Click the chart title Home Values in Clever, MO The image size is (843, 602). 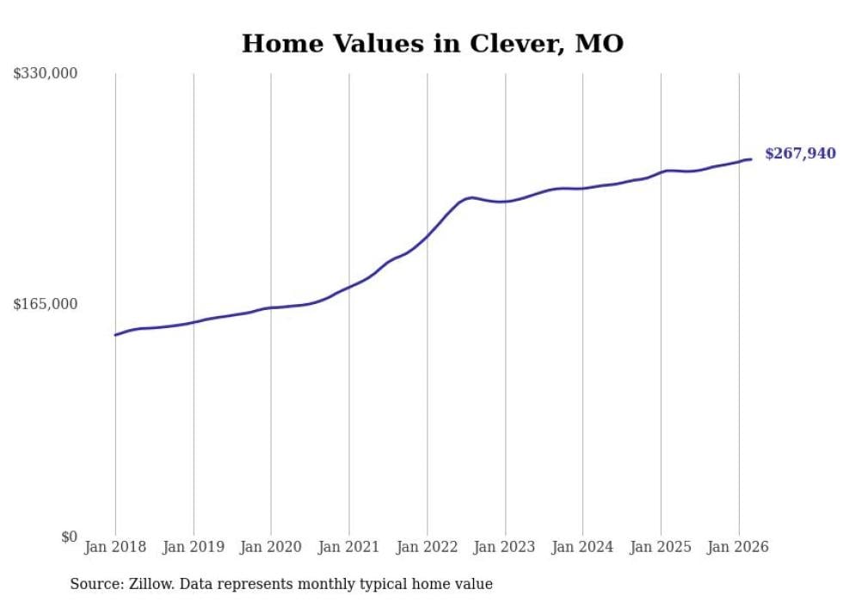pyautogui.click(x=432, y=43)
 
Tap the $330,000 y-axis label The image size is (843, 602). pyautogui.click(x=46, y=74)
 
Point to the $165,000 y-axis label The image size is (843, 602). pyautogui.click(x=46, y=304)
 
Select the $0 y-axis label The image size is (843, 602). pyautogui.click(x=69, y=537)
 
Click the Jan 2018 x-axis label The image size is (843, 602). pyautogui.click(x=115, y=547)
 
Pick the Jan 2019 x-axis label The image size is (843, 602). pyautogui.click(x=194, y=547)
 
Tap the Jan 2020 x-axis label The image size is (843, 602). pyautogui.click(x=271, y=547)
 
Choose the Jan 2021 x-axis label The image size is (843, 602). pyautogui.click(x=349, y=547)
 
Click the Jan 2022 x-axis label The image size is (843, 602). pyautogui.click(x=427, y=547)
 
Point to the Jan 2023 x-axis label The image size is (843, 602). pyautogui.click(x=505, y=547)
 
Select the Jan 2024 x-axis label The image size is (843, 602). pyautogui.click(x=582, y=547)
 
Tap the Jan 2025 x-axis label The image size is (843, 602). pyautogui.click(x=661, y=547)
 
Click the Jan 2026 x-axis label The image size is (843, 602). pyautogui.click(x=738, y=547)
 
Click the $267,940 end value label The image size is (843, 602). pyautogui.click(x=800, y=154)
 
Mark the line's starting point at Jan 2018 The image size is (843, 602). pyautogui.click(x=115, y=335)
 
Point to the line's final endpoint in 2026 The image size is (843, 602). pyautogui.click(x=751, y=158)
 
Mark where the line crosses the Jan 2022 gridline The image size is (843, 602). pyautogui.click(x=427, y=236)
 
